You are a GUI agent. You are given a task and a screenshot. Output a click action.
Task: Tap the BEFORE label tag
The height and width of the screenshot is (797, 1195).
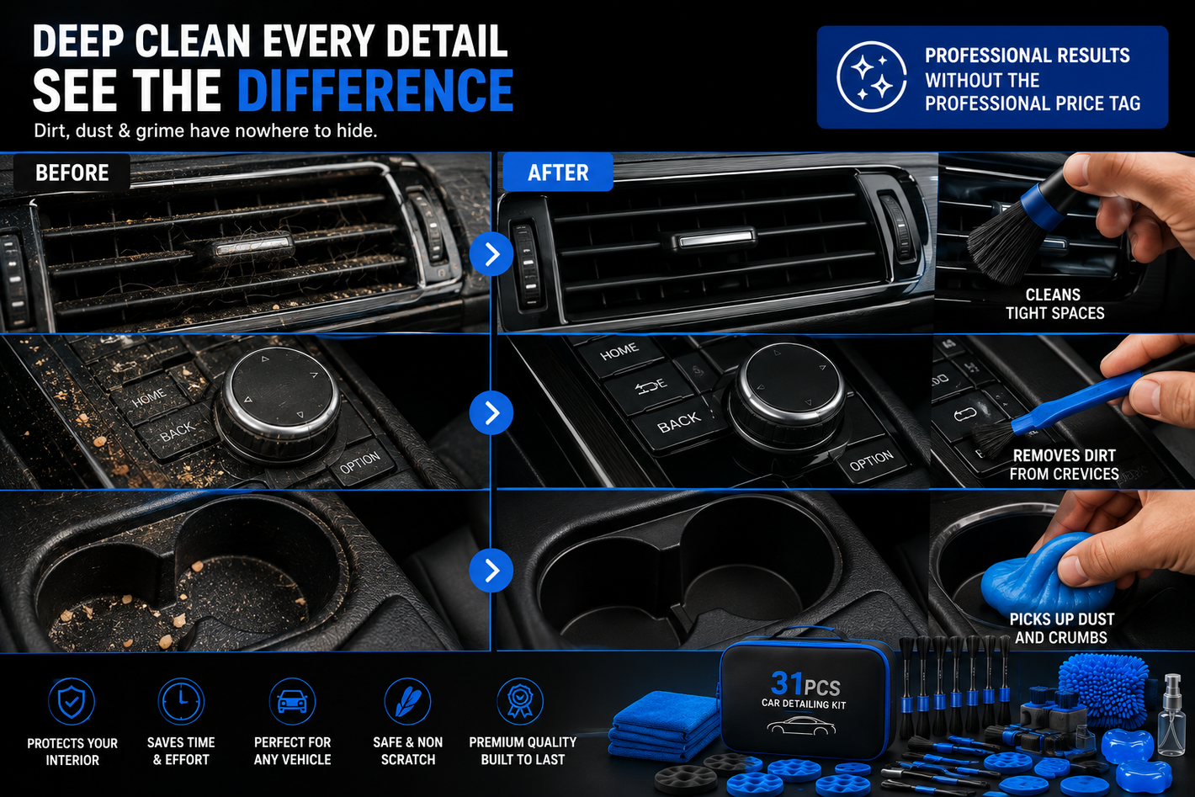(72, 173)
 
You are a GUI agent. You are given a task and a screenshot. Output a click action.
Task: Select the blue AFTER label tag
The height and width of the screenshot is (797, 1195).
(557, 173)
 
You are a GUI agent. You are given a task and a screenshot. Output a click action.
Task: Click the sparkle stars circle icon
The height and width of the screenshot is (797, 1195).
(871, 77)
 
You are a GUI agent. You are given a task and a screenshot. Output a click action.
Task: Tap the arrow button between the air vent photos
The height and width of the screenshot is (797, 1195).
(491, 254)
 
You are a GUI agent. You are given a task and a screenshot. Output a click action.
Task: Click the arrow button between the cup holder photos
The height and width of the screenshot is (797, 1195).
(491, 571)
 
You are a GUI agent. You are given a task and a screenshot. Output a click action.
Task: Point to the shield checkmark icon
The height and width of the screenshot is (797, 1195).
(72, 702)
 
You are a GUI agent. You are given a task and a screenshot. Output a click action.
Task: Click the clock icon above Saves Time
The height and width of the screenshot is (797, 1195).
(181, 702)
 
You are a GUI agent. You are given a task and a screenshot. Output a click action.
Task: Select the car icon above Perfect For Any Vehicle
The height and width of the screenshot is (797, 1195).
(292, 702)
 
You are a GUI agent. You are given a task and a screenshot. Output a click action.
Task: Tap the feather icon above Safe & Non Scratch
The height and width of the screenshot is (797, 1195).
(407, 702)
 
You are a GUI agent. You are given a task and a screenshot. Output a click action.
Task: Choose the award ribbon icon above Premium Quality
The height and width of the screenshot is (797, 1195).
(519, 702)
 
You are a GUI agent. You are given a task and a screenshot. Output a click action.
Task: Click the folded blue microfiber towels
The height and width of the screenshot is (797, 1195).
(666, 725)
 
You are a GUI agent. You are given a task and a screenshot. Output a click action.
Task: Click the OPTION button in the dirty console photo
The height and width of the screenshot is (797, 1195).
(360, 462)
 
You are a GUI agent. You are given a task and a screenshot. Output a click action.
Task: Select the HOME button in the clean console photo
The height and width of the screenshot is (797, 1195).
(619, 352)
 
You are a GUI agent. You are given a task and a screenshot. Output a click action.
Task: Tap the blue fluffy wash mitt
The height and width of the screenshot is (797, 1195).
(1104, 688)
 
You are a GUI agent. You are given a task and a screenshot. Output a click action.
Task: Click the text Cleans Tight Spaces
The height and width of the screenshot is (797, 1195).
(1054, 304)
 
